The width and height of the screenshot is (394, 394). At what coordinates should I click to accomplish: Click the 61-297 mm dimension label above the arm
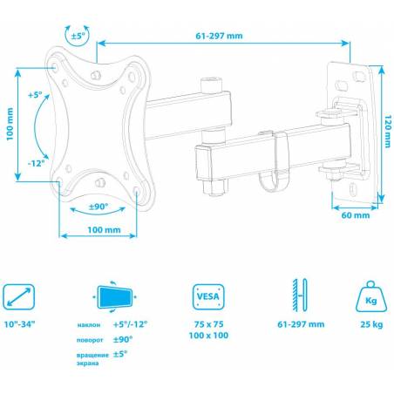219,36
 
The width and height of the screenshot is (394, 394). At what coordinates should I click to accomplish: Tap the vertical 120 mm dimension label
388,132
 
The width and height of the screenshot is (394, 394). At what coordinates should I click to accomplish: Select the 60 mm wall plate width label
356,215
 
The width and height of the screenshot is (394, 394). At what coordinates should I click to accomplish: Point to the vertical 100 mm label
10,124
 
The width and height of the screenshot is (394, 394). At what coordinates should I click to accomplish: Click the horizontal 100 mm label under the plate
104,230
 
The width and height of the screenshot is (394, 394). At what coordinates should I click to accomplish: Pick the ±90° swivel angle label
98,207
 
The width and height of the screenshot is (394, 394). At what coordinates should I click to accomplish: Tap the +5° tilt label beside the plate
35,95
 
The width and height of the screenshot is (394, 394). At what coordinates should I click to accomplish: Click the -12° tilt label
37,163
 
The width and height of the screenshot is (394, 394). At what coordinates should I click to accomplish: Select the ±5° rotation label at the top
78,36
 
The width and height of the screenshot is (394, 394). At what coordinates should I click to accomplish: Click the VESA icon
208,296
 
